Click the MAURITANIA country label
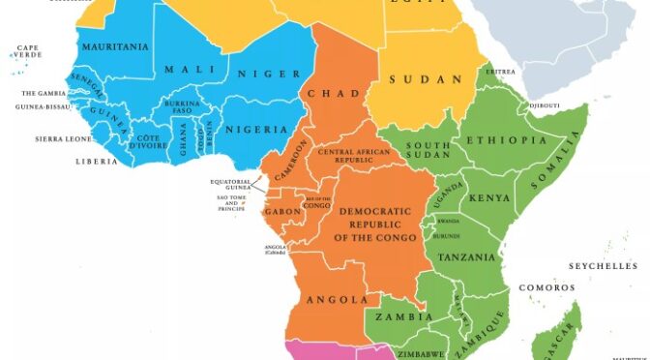[x=114, y=46]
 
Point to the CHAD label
[x=328, y=94]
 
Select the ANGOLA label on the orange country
[x=339, y=300]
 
